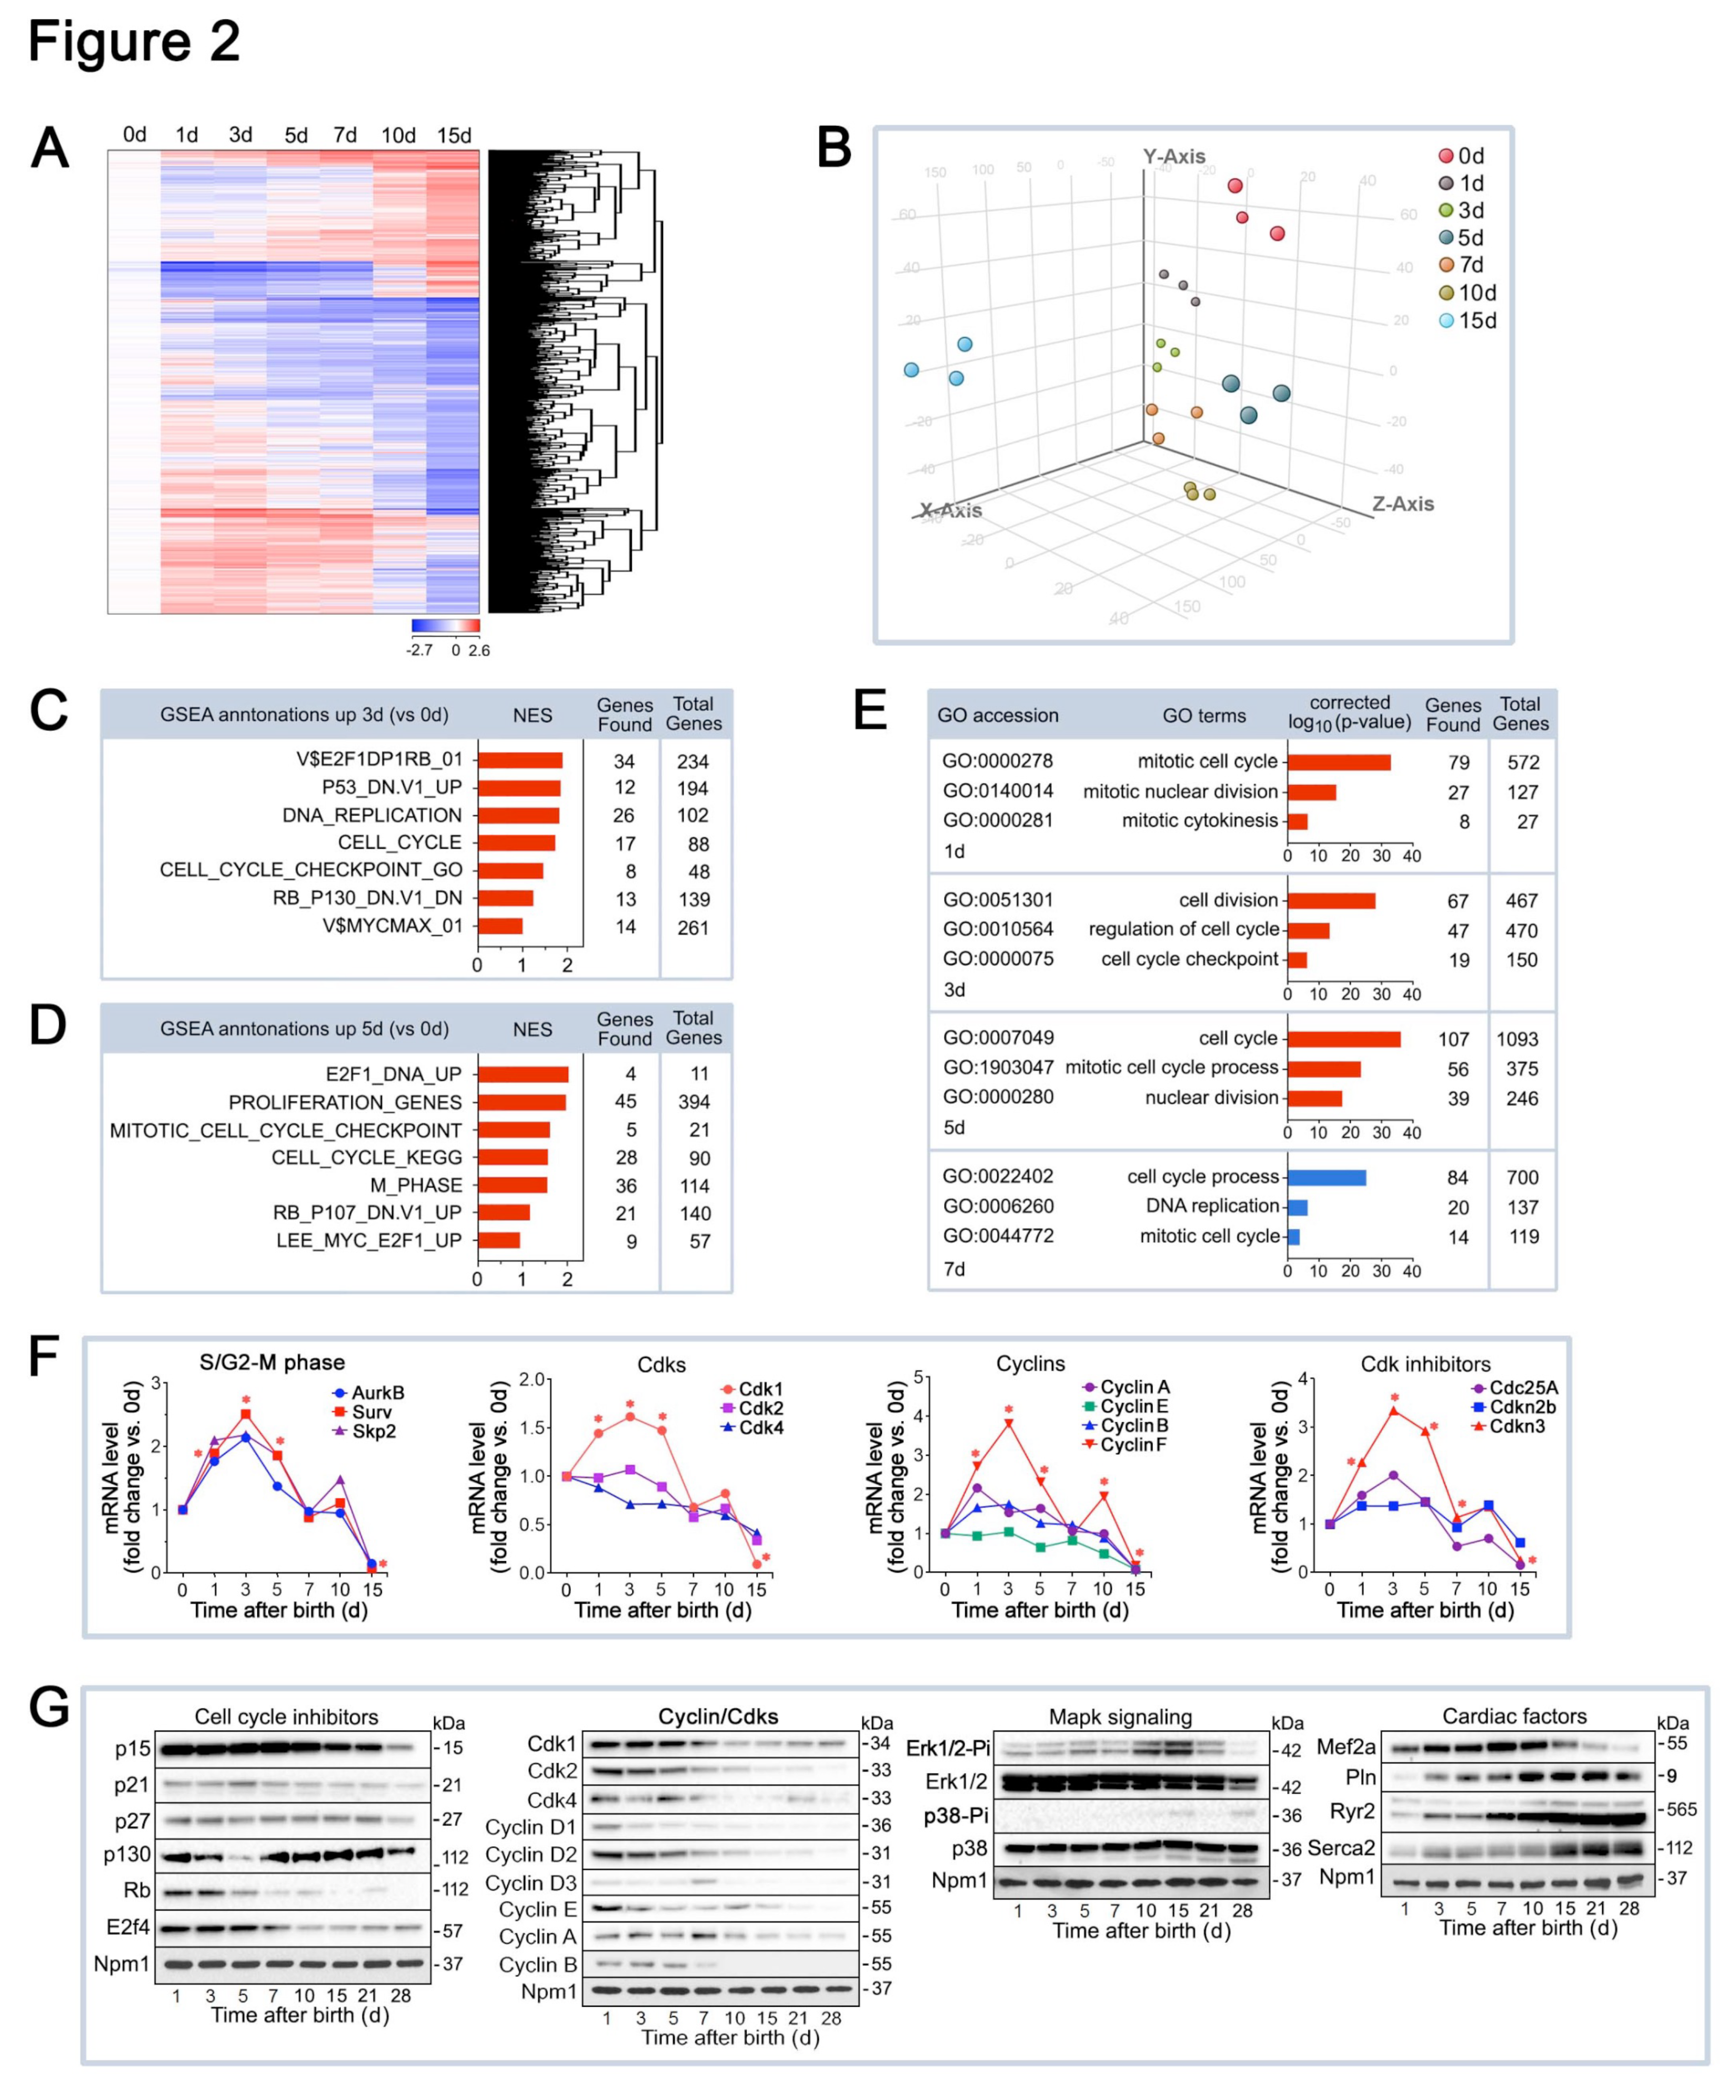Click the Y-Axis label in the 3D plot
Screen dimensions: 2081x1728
pos(1173,157)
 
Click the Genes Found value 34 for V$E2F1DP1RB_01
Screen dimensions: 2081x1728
pos(624,761)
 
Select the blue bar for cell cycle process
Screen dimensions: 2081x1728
pos(1325,1177)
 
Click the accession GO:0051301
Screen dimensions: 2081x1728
pos(998,900)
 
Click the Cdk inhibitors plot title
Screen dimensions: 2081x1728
pos(1425,1364)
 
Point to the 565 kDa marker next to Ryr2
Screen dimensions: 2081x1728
pos(1681,1809)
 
